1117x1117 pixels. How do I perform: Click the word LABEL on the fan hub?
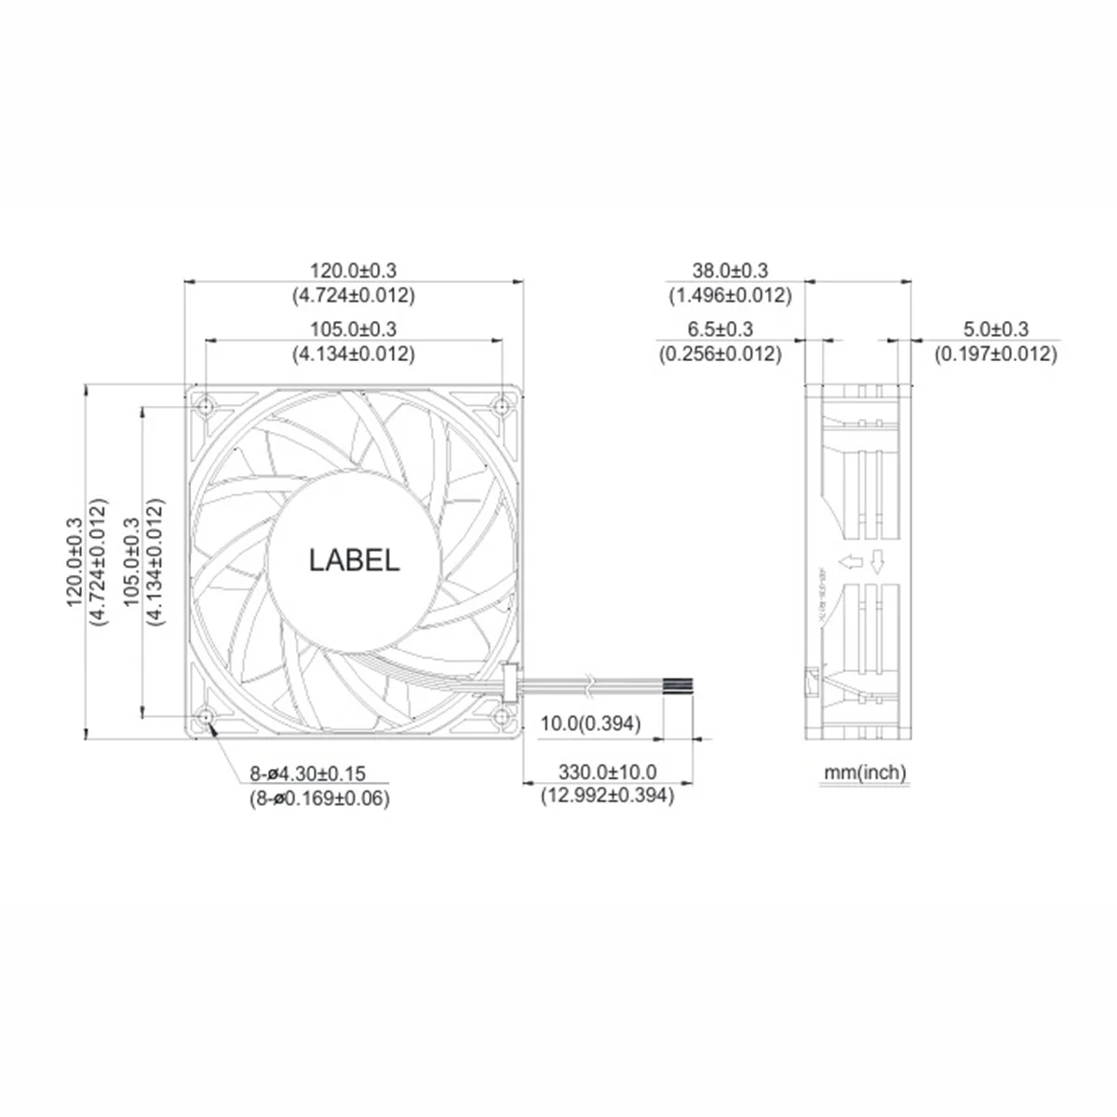(354, 560)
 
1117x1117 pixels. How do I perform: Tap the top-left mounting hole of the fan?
(205, 406)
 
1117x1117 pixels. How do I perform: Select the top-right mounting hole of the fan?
(504, 406)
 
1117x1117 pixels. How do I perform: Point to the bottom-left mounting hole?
(205, 717)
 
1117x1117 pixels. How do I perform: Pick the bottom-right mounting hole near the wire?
(504, 717)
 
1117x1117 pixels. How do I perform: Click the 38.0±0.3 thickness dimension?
(730, 271)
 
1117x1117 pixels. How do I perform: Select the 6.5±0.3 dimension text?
(720, 329)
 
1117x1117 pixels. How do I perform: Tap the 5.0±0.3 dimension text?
(996, 329)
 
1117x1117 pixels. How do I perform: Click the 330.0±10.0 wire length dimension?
(607, 772)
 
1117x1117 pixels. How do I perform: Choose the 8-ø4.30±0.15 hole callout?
(308, 773)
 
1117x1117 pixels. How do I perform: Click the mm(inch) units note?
(864, 772)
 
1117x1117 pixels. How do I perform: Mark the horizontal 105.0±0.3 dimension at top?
(354, 329)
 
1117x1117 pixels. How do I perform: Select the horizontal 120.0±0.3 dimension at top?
(354, 271)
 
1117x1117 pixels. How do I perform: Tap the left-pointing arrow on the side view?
(848, 561)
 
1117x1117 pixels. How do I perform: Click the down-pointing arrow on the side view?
(877, 561)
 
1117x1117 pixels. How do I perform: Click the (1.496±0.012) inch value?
(730, 296)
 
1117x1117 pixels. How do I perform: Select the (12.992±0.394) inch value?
(607, 796)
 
